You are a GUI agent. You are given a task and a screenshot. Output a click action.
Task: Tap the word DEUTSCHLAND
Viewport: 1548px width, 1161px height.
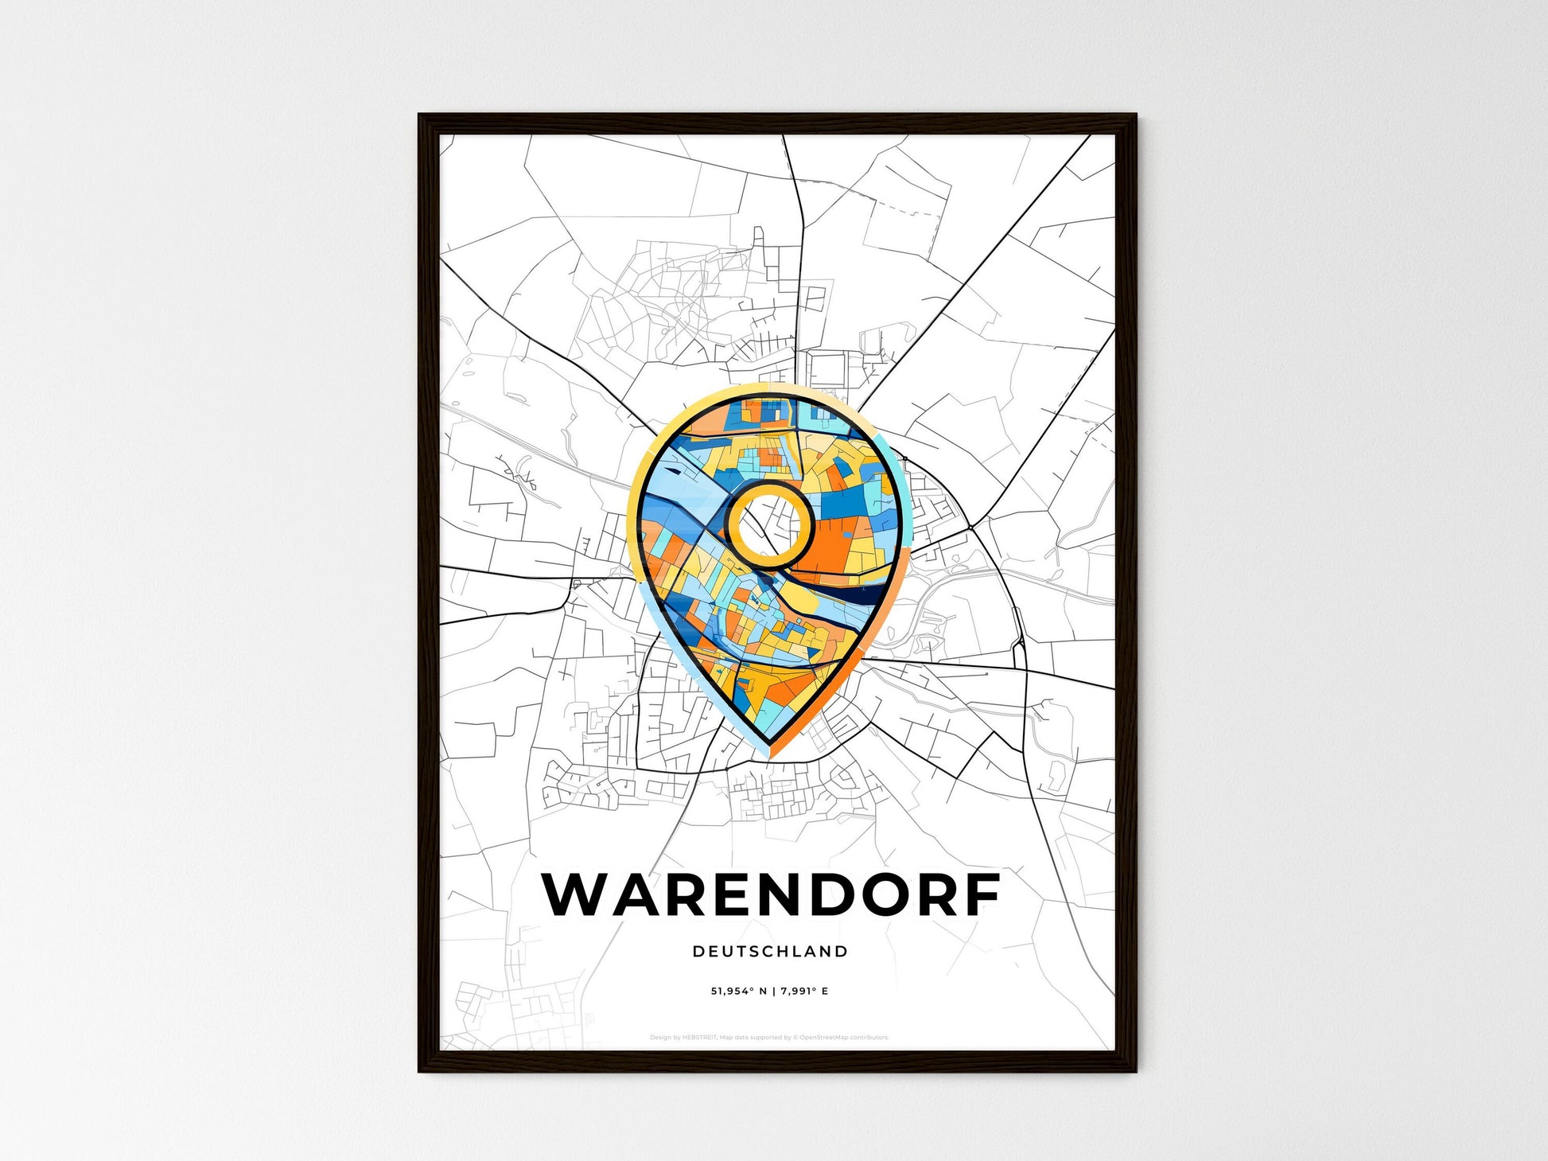pyautogui.click(x=770, y=951)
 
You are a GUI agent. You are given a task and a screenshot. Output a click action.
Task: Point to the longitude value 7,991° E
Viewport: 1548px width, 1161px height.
pyautogui.click(x=804, y=991)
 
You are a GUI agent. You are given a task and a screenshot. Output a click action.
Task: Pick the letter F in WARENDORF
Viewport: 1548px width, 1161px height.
pyautogui.click(x=982, y=894)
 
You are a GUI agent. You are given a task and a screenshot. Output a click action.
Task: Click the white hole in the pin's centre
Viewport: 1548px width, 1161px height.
pyautogui.click(x=769, y=525)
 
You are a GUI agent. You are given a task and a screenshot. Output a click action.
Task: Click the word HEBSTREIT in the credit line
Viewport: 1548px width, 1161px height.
pyautogui.click(x=700, y=1038)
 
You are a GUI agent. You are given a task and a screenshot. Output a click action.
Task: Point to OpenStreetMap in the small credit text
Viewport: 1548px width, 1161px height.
pyautogui.click(x=823, y=1038)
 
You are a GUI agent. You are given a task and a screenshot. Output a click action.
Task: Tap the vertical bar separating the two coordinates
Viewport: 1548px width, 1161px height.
pyautogui.click(x=773, y=991)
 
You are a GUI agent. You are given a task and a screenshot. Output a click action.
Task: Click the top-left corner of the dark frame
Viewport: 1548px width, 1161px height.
pyautogui.click(x=420, y=115)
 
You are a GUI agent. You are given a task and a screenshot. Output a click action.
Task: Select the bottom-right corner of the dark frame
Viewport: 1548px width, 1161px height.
pyautogui.click(x=1135, y=1070)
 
